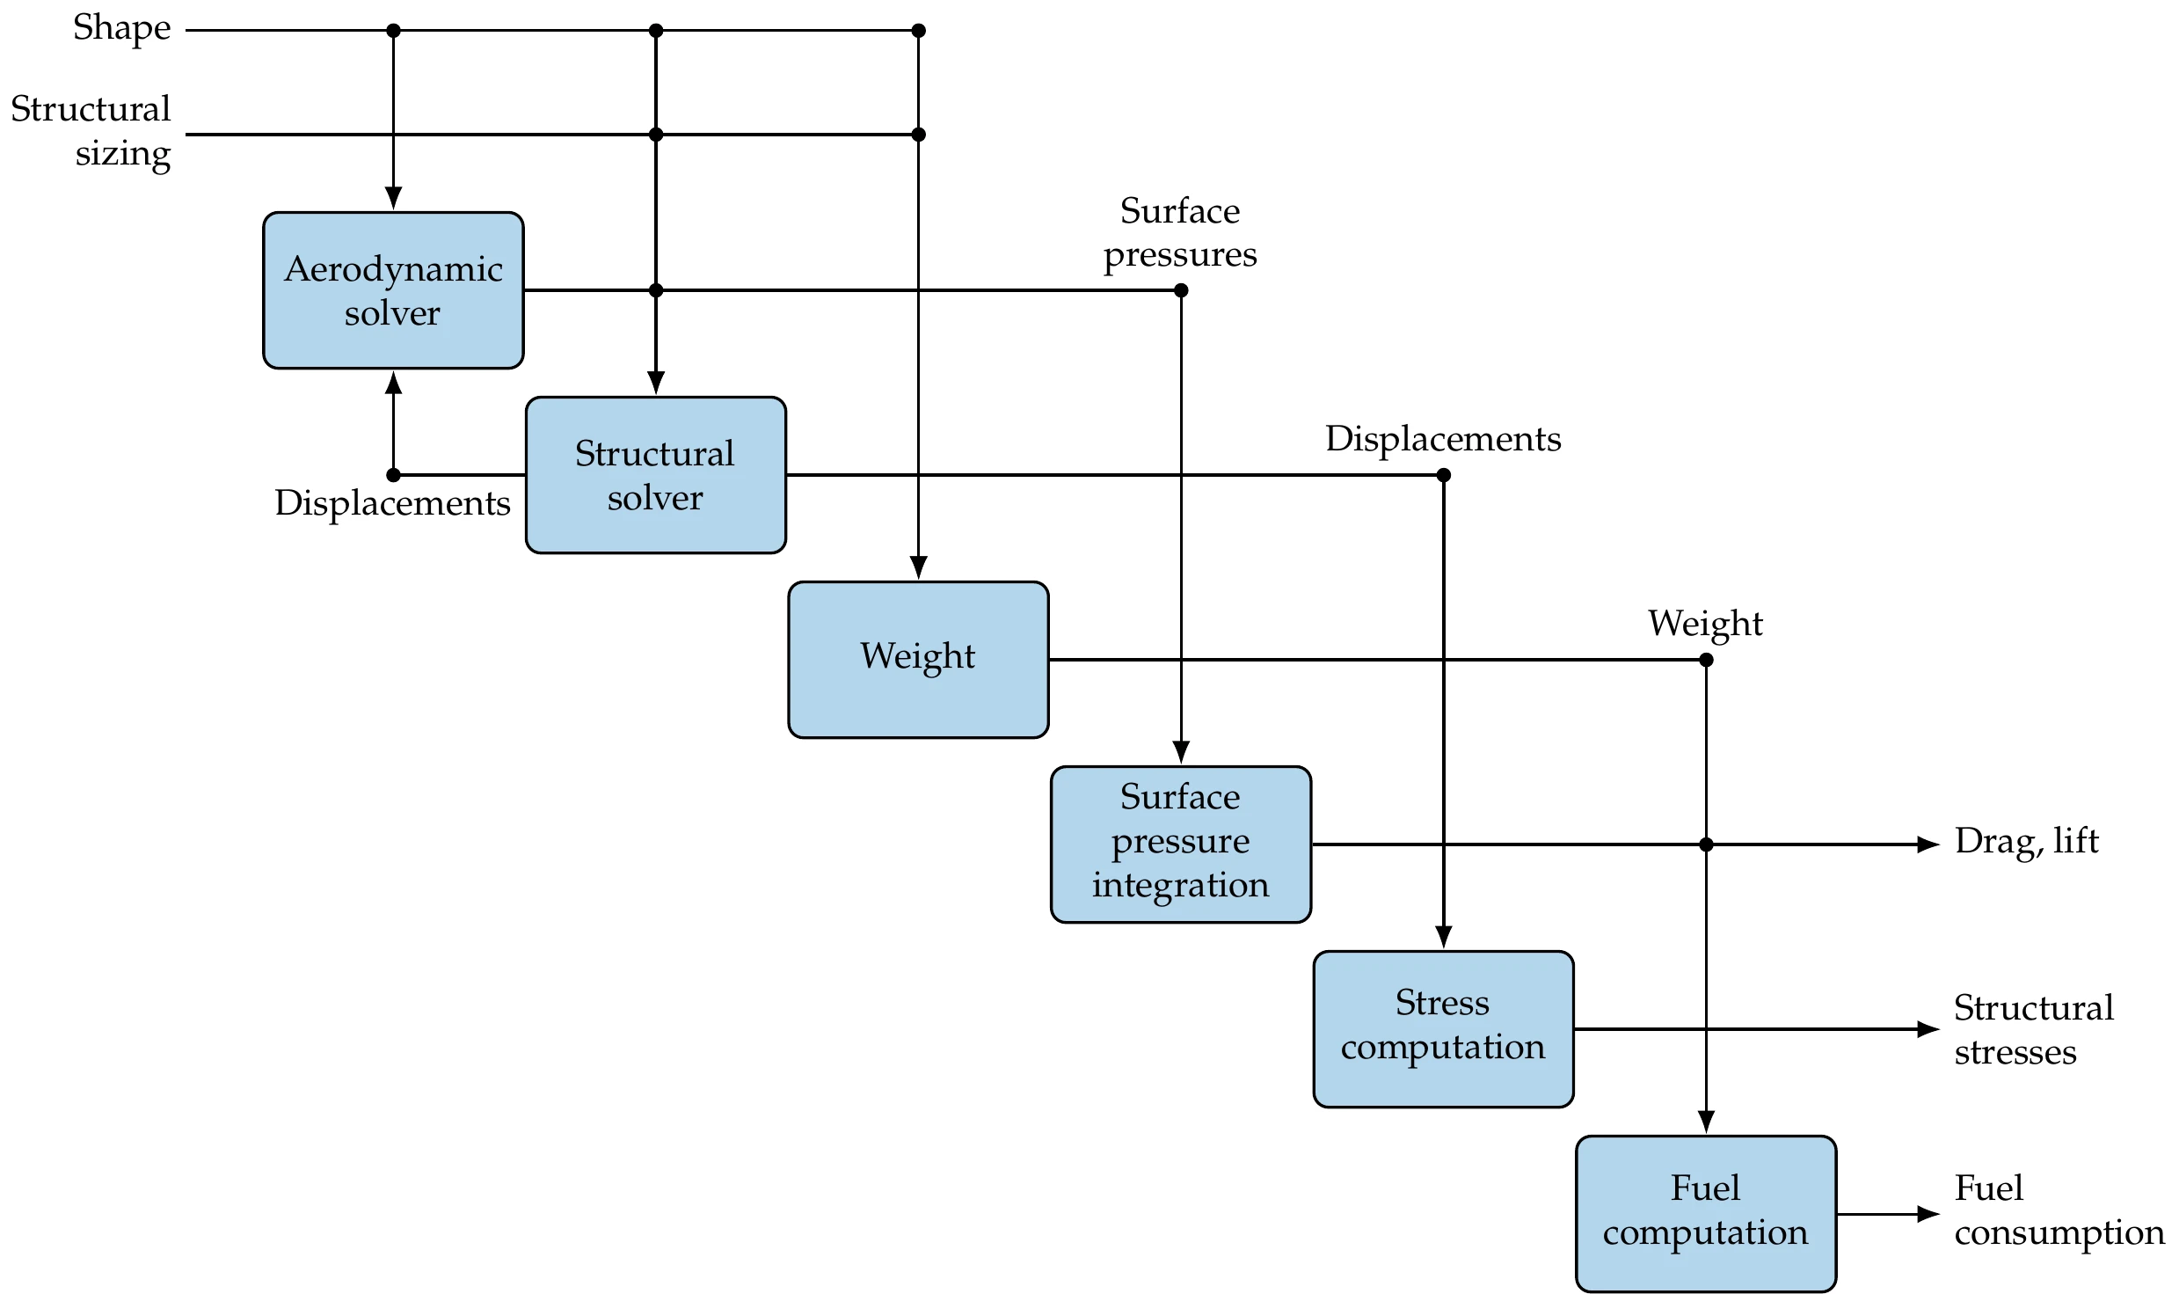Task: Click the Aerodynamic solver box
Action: [393, 290]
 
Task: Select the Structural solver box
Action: [655, 475]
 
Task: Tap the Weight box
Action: [918, 659]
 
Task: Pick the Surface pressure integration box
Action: [1180, 844]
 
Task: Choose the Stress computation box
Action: [1443, 1028]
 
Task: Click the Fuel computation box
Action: [1705, 1213]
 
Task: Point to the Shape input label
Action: [121, 28]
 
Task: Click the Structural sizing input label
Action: [91, 131]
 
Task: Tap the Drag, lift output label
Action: [2026, 842]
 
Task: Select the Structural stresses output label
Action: [2033, 1029]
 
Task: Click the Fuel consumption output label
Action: [2058, 1210]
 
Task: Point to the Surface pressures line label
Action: [1180, 233]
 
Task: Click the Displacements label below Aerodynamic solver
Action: [392, 503]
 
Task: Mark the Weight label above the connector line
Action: [1705, 624]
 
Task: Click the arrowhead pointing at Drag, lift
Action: [1928, 844]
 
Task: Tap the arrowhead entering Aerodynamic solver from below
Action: [394, 384]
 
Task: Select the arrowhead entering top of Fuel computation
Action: [1706, 1122]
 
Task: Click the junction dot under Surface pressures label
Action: [1181, 290]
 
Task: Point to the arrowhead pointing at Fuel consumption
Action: [1928, 1214]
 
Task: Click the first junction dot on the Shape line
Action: [394, 31]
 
